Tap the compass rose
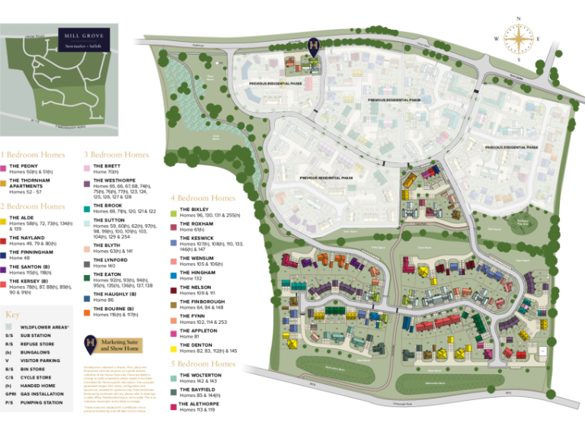point(517,39)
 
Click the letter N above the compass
point(518,18)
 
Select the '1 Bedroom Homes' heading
point(32,155)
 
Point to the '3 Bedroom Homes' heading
point(116,155)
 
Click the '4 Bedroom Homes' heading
point(203,198)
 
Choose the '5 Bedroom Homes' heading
point(203,364)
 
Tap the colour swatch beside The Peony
point(4,168)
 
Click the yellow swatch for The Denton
point(174,348)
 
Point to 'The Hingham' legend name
point(197,272)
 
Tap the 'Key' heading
point(11,315)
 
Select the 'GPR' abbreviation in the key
point(9,394)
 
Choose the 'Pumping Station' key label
point(42,402)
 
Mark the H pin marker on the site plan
point(314,46)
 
